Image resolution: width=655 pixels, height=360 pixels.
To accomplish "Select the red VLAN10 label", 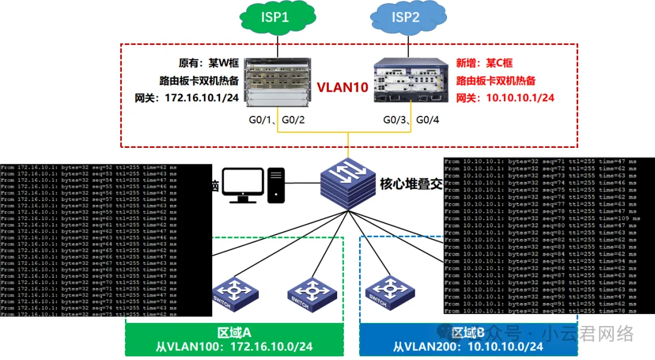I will (x=343, y=87).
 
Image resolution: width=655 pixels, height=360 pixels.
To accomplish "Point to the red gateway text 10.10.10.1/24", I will (x=505, y=98).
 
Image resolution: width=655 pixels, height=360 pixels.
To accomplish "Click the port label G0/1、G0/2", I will (x=277, y=120).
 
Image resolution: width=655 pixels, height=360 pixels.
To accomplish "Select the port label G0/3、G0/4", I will (x=411, y=120).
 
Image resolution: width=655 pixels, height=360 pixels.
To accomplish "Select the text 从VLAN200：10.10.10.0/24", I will (x=468, y=347).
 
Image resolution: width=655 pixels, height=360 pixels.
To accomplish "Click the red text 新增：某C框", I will (x=485, y=63).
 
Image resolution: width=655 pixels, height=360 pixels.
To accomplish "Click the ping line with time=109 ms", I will (x=540, y=218).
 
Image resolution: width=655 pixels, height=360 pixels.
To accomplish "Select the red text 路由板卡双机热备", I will (x=495, y=81).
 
